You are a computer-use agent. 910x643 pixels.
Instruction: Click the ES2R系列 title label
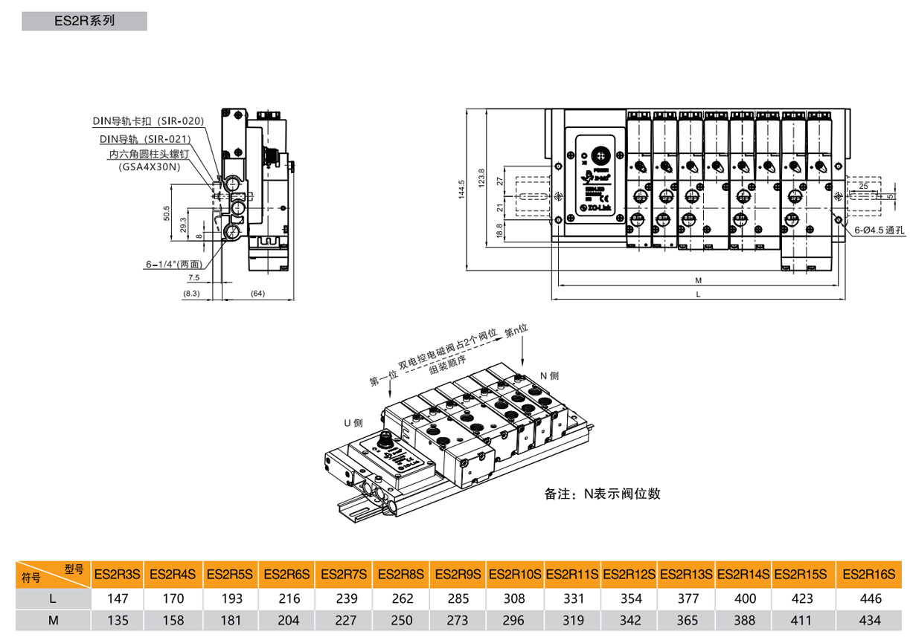[84, 21]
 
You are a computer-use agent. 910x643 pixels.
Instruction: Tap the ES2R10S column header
[516, 575]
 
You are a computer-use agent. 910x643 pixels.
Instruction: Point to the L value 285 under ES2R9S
[459, 598]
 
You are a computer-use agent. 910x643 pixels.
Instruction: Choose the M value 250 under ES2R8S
[403, 620]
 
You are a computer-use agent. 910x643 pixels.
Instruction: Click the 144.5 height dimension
[461, 190]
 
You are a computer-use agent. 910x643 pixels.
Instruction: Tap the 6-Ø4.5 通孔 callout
[879, 230]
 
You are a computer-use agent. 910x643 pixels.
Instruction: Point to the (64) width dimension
[257, 294]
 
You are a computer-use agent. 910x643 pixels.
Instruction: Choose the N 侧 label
[549, 376]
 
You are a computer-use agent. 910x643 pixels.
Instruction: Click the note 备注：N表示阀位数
[602, 494]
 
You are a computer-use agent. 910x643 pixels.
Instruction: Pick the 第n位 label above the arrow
[516, 329]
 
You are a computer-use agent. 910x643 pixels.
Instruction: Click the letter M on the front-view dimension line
[698, 281]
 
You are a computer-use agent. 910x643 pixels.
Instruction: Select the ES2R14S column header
[744, 575]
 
